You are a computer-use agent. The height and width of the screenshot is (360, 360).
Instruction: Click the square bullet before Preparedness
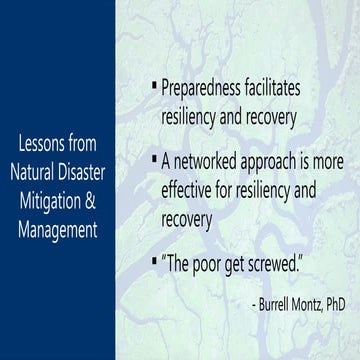click(x=153, y=88)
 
